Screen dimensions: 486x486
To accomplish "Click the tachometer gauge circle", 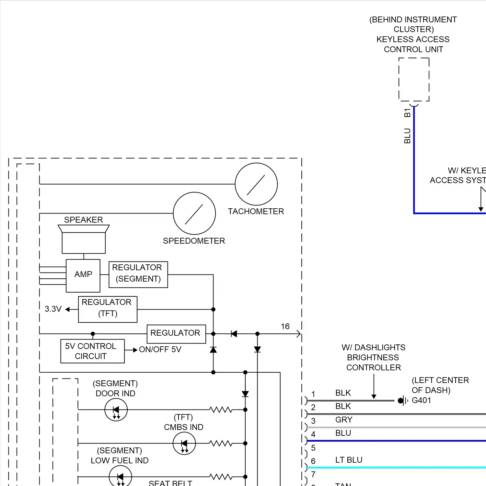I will (x=256, y=184).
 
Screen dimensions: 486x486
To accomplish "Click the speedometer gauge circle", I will (x=194, y=213).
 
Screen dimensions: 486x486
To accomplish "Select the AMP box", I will (x=83, y=275).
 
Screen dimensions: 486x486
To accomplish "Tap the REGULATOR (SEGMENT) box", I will (x=138, y=274).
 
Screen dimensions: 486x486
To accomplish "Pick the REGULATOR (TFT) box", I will (x=108, y=309).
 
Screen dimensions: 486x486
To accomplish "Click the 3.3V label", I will (x=53, y=309).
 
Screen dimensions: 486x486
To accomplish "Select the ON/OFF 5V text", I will (x=160, y=350).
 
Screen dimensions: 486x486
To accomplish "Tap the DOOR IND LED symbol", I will (x=116, y=410).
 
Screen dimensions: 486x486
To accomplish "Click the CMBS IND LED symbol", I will (x=184, y=443).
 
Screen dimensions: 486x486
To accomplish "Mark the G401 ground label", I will (x=421, y=400).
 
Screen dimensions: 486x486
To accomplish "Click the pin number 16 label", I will (x=285, y=326).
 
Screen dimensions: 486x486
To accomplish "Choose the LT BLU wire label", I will (x=349, y=460).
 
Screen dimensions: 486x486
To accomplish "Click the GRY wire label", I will (x=343, y=420).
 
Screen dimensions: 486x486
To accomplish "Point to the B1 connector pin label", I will (x=407, y=113).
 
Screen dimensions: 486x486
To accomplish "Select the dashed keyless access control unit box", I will (x=414, y=80).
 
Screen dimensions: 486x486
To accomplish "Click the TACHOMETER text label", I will (x=256, y=212).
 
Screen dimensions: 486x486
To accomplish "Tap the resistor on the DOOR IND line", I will (x=221, y=410).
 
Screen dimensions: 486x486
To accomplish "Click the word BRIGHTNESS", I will (x=373, y=357).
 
